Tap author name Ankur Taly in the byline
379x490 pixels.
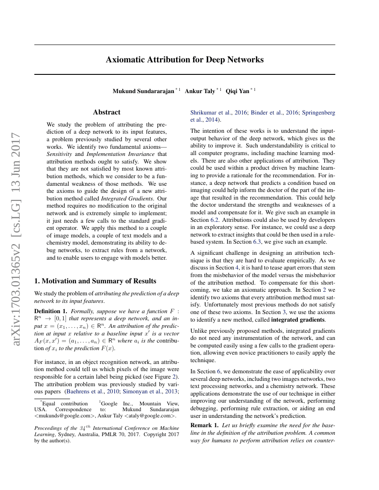(x=200, y=91)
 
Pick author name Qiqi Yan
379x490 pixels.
(x=238, y=91)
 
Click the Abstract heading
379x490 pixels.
(x=107, y=112)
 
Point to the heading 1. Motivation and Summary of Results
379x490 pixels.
(x=95, y=281)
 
